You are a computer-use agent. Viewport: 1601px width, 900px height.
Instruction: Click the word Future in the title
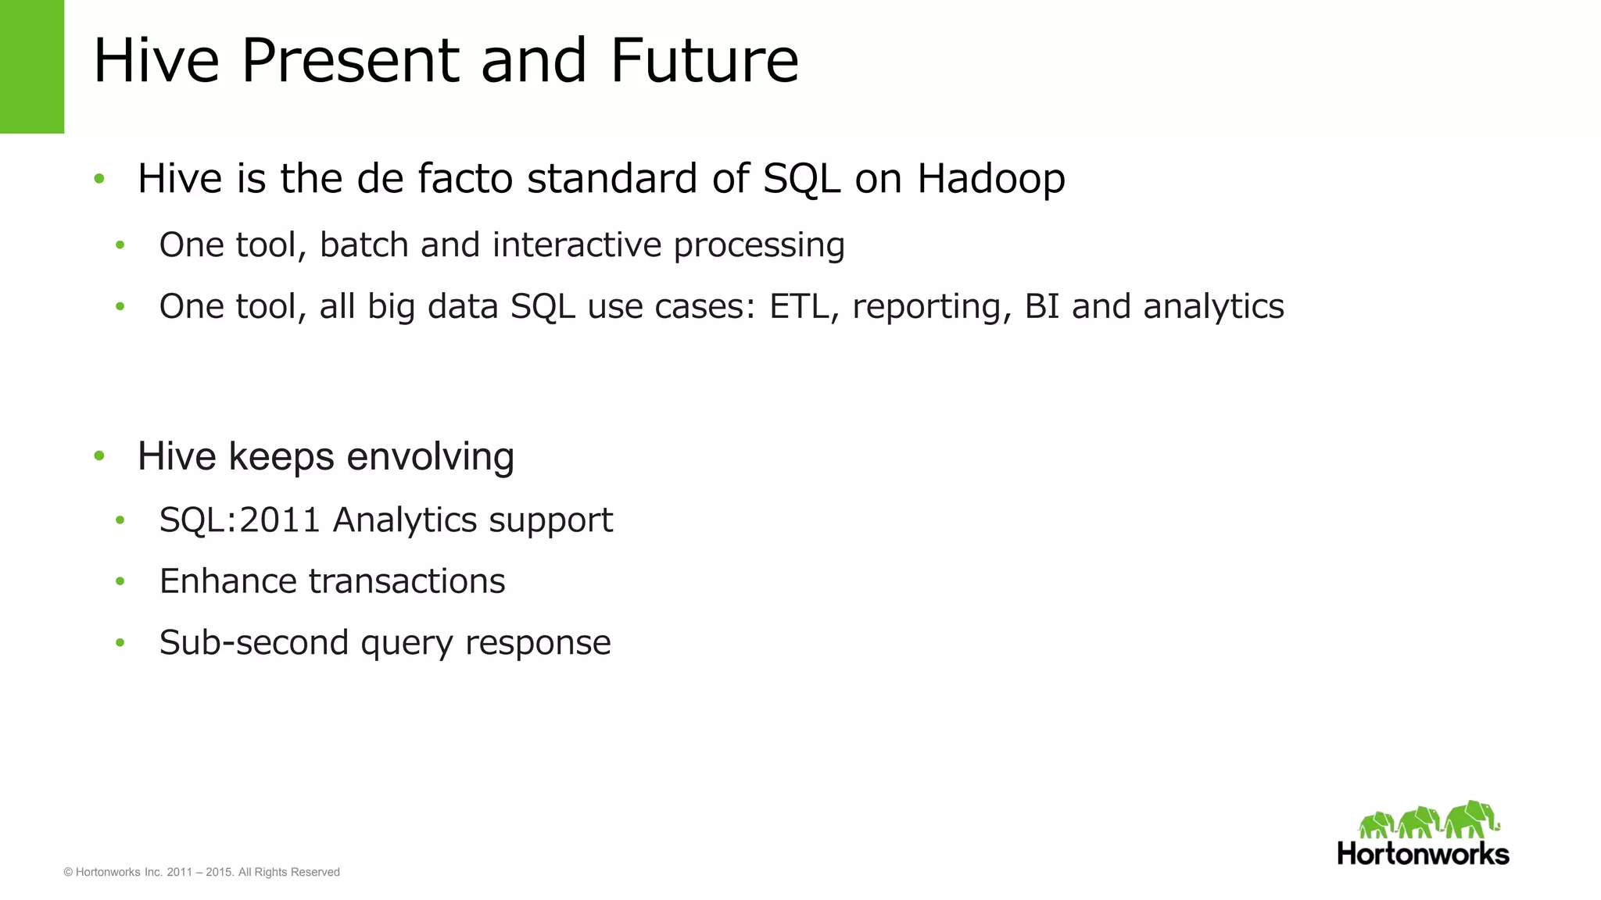[x=704, y=61]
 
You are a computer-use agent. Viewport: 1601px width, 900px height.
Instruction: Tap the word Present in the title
[x=349, y=61]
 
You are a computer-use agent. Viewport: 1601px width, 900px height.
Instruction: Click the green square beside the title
[x=31, y=66]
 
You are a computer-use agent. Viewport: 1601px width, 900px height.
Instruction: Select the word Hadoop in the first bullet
[x=990, y=179]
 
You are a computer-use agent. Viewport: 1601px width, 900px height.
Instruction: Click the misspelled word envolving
[x=430, y=457]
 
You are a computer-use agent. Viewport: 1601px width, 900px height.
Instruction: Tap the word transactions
[x=407, y=582]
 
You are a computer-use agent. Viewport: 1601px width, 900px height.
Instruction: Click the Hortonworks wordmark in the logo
[x=1423, y=854]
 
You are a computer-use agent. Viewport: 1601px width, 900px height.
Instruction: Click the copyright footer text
[x=202, y=872]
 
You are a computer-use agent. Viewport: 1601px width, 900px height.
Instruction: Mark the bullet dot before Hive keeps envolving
[x=99, y=455]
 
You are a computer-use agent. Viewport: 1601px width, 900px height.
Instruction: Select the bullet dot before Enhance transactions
[x=120, y=581]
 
